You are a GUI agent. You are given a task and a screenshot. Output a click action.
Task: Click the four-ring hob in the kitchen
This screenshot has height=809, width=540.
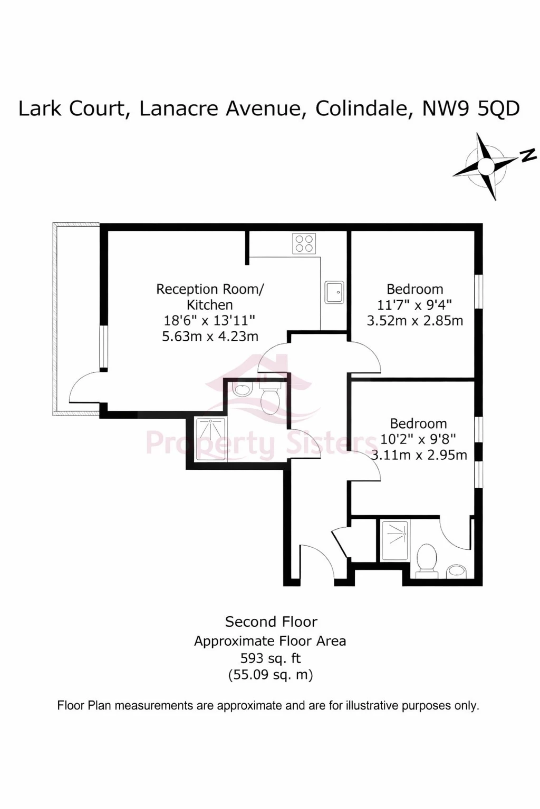click(304, 243)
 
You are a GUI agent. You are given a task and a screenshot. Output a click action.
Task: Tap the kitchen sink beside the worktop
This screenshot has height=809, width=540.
click(334, 292)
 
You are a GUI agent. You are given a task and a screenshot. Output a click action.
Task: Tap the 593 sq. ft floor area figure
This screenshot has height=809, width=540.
click(270, 658)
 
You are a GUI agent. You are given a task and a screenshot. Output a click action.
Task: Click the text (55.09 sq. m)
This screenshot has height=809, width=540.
click(270, 675)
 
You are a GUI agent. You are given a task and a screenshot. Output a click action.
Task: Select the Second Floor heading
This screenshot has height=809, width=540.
click(271, 622)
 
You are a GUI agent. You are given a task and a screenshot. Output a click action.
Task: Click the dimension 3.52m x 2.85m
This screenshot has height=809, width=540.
click(415, 320)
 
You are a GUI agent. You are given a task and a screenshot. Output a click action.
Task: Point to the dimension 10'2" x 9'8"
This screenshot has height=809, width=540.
click(418, 439)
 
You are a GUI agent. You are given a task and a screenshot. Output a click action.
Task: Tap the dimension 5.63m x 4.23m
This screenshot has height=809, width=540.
click(210, 336)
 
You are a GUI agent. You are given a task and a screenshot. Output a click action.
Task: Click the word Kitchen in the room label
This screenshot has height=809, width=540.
click(210, 305)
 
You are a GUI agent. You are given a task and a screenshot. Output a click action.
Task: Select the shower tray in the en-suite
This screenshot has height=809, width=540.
click(395, 540)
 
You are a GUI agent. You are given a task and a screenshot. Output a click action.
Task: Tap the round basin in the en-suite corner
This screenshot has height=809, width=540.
click(457, 570)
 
